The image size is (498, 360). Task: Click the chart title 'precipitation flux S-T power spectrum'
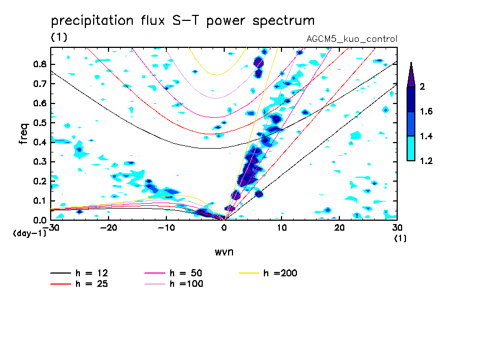pos(182,21)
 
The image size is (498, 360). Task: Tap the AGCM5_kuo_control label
pos(351,39)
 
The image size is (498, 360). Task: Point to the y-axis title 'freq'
pos(23,134)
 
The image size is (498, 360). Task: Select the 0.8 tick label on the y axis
pos(39,64)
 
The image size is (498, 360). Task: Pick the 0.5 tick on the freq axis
pos(39,123)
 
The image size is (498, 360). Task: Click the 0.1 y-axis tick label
pos(39,201)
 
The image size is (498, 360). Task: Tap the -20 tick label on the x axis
pos(108,228)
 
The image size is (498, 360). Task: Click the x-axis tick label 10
pos(282,228)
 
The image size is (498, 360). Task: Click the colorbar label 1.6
pos(426,112)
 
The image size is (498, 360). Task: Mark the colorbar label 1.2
pos(426,161)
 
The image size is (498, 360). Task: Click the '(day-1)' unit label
pos(30,233)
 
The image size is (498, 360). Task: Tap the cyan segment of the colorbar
pos(411,148)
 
